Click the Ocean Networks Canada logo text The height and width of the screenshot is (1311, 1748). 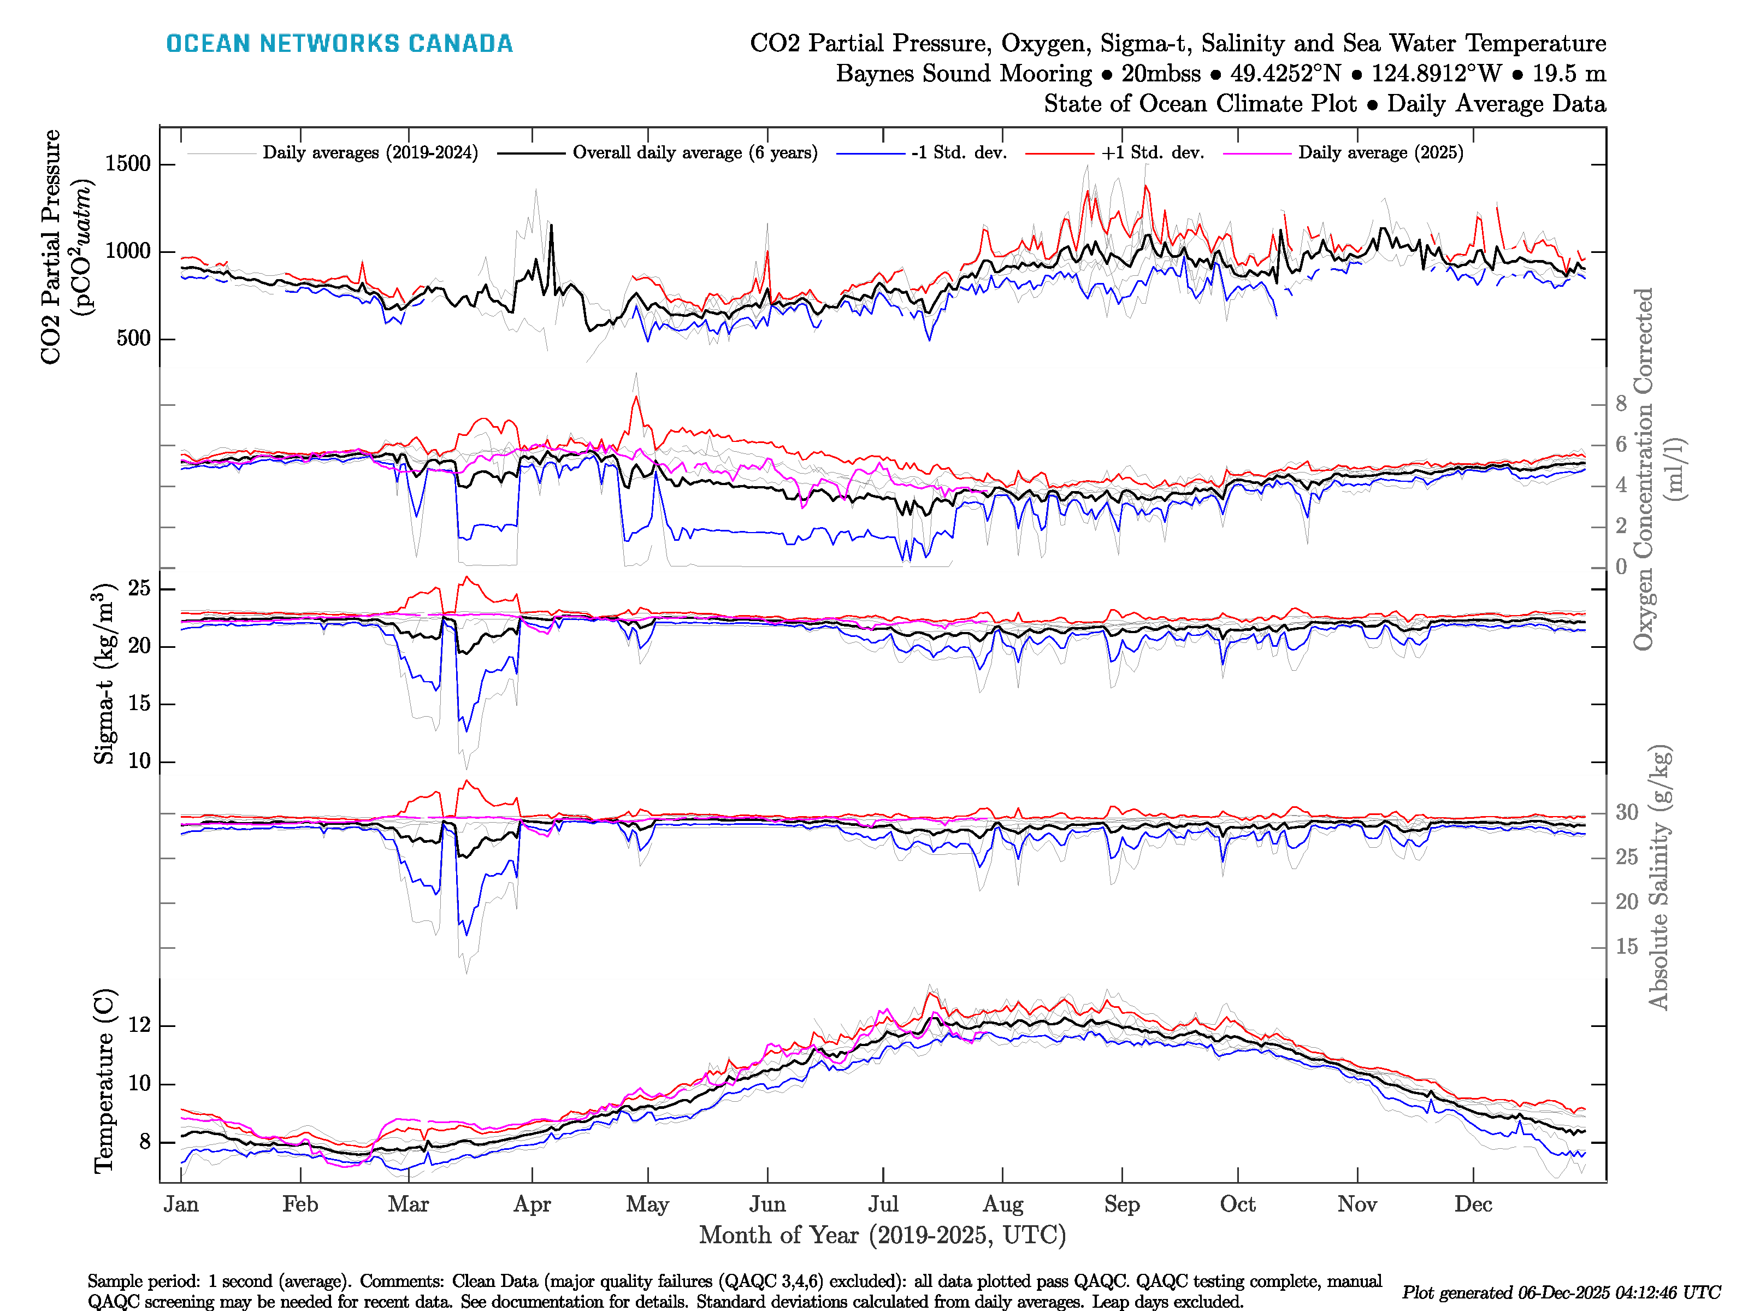(339, 44)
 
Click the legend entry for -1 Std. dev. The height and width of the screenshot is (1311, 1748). (959, 152)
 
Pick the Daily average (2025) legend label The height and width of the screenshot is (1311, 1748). (1380, 152)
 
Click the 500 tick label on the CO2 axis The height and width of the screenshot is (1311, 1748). (133, 338)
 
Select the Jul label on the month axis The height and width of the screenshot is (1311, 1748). (883, 1204)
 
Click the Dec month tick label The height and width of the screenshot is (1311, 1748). (1473, 1204)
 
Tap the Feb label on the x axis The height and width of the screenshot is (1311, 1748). (300, 1204)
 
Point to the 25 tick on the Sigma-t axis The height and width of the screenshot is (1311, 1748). (139, 588)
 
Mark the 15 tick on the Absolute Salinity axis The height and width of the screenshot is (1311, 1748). (1626, 947)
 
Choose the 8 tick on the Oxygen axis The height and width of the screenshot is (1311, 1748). (1621, 404)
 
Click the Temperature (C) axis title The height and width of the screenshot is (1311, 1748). (104, 1080)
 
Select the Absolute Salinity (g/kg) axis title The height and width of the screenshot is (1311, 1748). (1659, 877)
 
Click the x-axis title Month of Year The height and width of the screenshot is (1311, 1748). (882, 1235)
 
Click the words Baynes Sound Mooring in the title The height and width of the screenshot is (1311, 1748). (963, 74)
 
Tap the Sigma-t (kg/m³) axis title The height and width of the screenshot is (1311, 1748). (104, 674)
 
